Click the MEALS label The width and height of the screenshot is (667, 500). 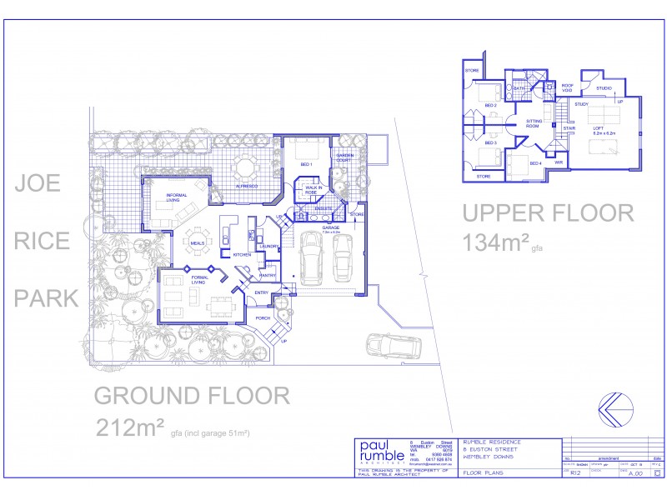(x=197, y=243)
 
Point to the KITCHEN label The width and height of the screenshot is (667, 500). (x=243, y=254)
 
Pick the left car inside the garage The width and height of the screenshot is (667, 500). (x=310, y=256)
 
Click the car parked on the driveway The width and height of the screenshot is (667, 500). (x=389, y=345)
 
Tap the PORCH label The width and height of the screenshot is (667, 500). (x=263, y=317)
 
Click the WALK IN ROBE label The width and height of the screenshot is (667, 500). (x=314, y=190)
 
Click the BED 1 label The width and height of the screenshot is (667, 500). (x=306, y=164)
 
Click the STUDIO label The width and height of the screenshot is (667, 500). (x=604, y=87)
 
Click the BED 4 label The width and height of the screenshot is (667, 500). (x=535, y=163)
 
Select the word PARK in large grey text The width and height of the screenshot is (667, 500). (x=49, y=297)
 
